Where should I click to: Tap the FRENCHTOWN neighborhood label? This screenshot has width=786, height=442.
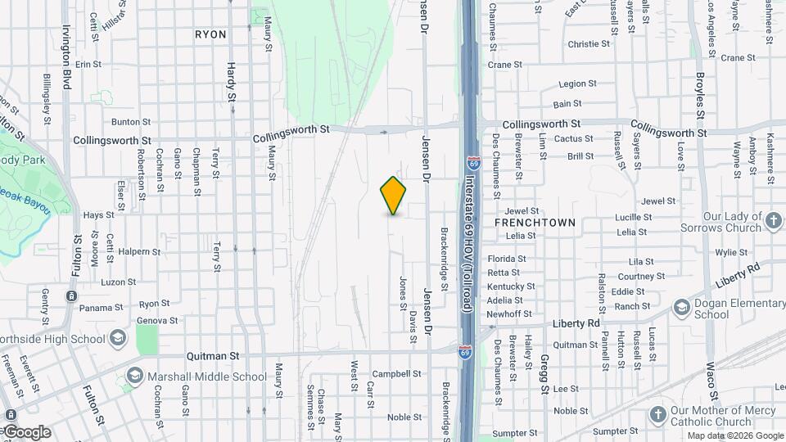535,223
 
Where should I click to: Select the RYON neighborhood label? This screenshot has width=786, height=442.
210,34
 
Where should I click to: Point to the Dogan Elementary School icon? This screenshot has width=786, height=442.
681,307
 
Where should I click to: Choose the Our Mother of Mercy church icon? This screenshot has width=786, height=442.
658,415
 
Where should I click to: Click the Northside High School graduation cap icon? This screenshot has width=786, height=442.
119,338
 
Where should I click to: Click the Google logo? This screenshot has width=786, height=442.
26,432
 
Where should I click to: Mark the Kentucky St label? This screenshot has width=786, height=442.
511,286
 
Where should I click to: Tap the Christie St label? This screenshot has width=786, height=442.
589,44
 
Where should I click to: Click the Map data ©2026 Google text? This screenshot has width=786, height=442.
734,435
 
